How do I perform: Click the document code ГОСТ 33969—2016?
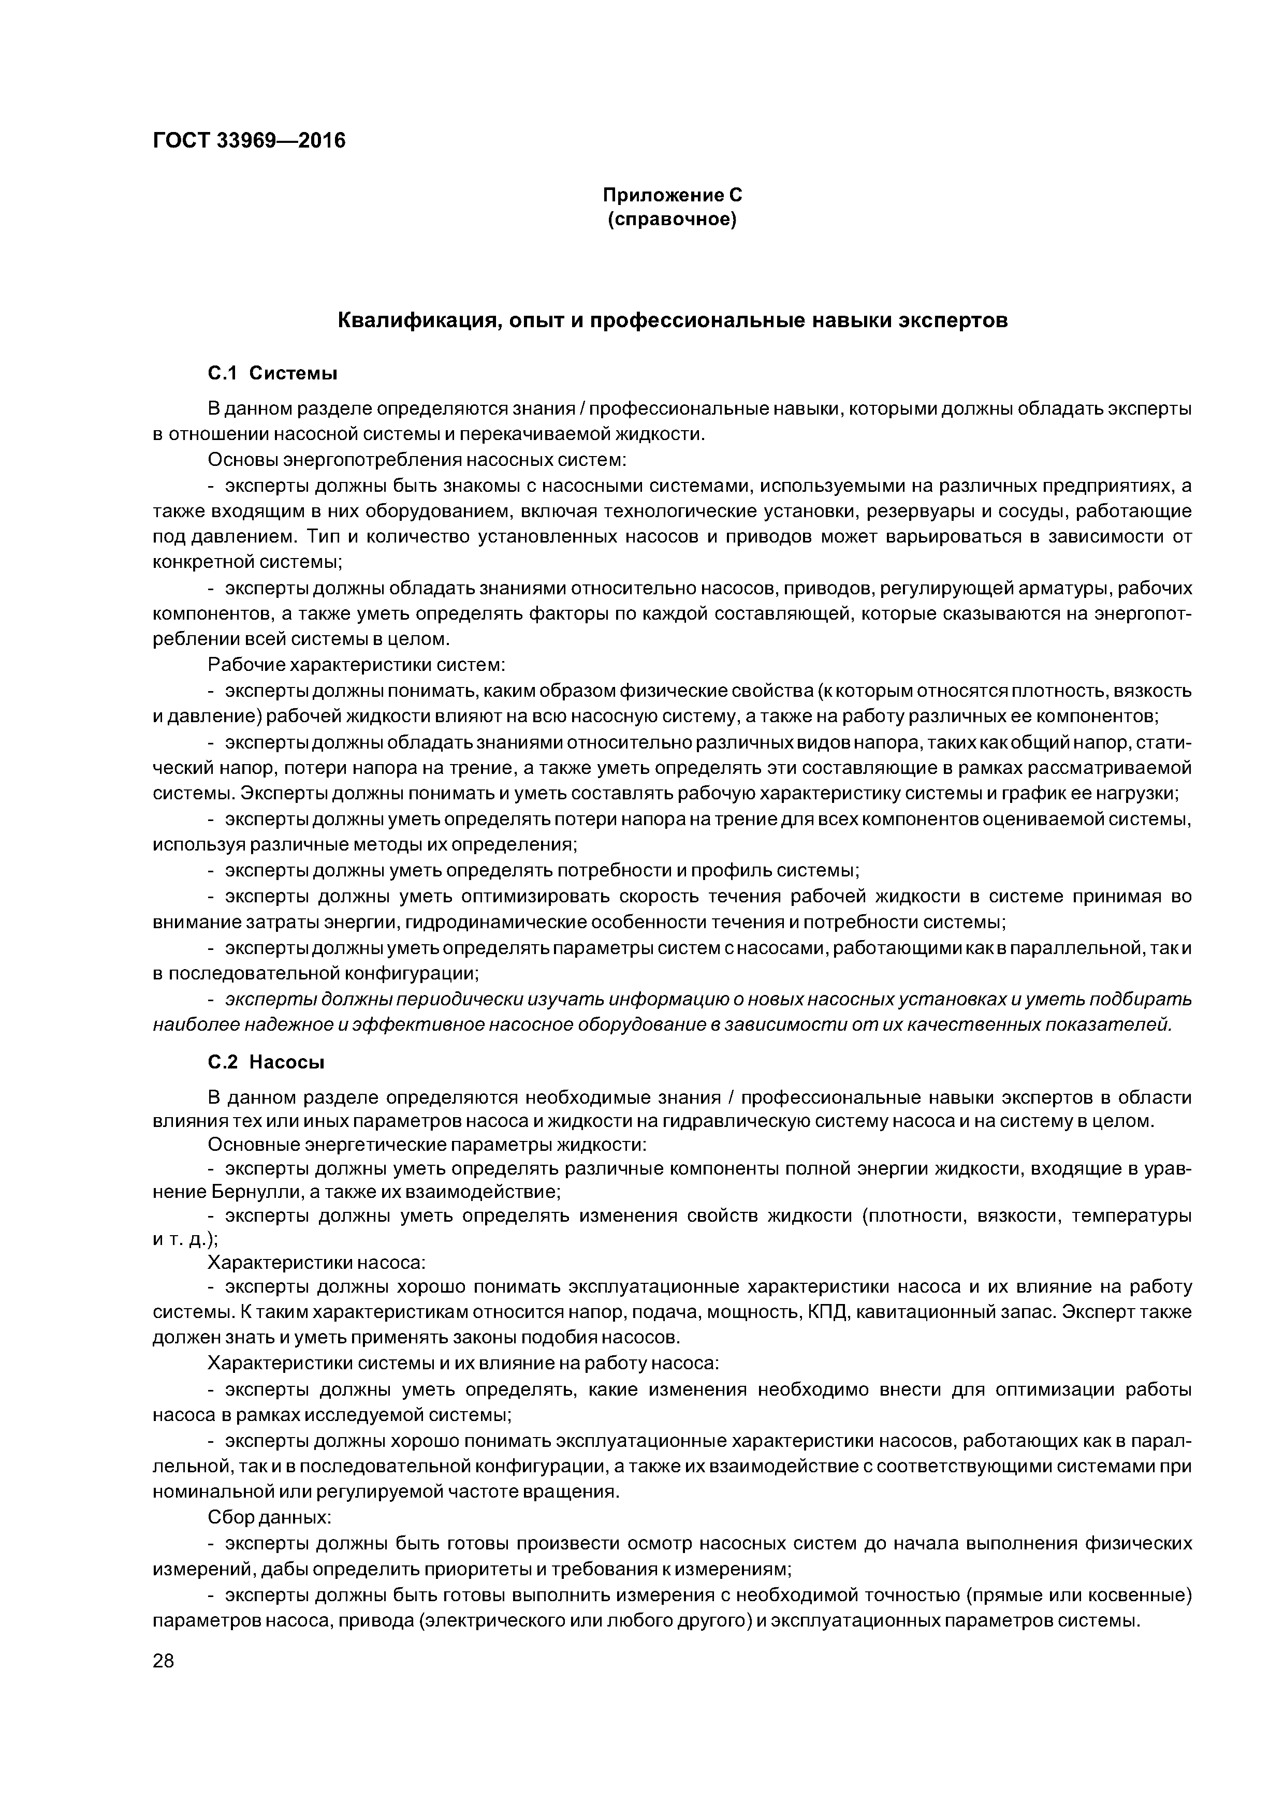pos(249,141)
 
